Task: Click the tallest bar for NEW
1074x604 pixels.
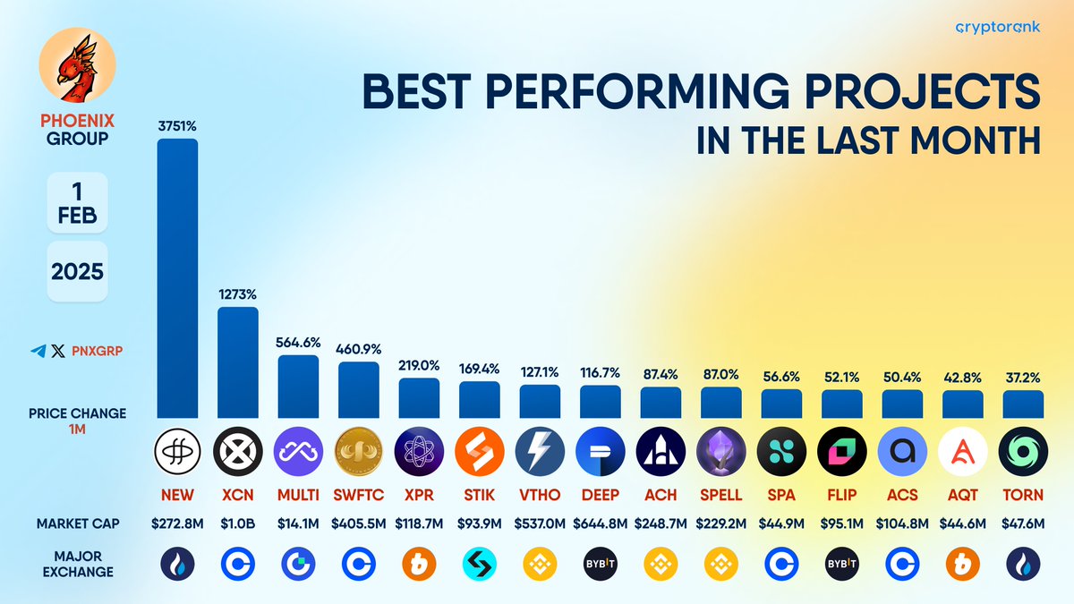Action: click(177, 277)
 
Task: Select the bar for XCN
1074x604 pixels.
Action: click(237, 362)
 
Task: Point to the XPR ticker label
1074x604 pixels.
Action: click(419, 495)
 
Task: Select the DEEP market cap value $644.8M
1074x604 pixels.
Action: click(600, 523)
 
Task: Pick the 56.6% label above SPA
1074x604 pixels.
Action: click(781, 377)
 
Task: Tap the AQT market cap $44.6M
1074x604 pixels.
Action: click(962, 523)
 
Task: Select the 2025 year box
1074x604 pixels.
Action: click(77, 270)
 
